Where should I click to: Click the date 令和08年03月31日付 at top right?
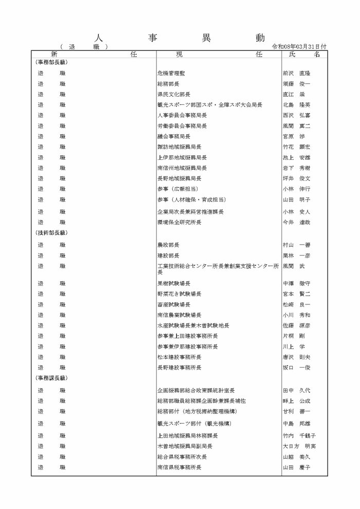pos(302,46)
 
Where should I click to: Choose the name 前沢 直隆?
pos(296,73)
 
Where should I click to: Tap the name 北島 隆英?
pos(296,105)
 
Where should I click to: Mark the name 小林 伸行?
pos(296,189)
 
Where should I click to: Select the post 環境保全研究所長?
pos(179,222)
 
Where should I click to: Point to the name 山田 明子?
pos(296,199)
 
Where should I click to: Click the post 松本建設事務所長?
pos(179,357)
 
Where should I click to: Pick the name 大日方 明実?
pos(299,446)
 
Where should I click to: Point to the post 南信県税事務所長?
pos(179,467)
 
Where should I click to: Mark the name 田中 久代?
pos(296,390)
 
